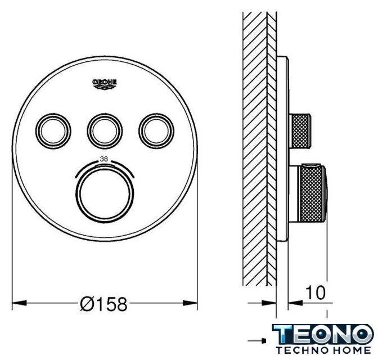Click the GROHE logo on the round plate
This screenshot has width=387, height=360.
[x=105, y=84]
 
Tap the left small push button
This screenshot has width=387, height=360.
[x=53, y=131]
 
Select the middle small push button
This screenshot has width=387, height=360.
[x=105, y=131]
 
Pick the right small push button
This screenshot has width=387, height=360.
[x=156, y=131]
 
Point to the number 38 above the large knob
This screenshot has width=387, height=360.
[x=104, y=159]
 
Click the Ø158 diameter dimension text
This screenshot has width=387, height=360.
[x=103, y=304]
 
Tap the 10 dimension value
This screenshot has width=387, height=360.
[x=316, y=292]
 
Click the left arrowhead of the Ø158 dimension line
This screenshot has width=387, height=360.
[x=20, y=303]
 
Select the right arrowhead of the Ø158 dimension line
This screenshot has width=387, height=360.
[x=190, y=303]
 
